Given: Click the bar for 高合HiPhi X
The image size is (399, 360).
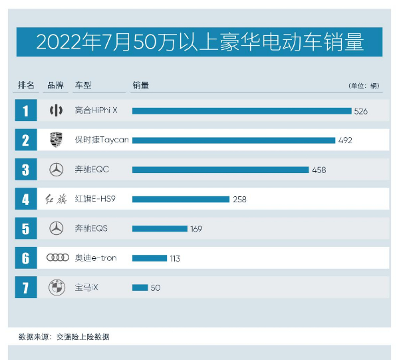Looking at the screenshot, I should [241, 110].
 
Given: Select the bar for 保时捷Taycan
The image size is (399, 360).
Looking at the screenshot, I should [233, 140].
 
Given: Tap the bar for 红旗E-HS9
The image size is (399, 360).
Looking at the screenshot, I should [180, 199].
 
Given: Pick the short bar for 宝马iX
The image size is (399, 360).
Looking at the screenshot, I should [140, 287].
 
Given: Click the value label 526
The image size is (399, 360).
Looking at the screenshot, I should [360, 111].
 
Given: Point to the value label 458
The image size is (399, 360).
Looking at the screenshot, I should [319, 170].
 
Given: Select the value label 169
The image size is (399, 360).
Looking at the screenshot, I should [196, 229].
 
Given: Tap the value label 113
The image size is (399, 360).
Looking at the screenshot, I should [174, 258].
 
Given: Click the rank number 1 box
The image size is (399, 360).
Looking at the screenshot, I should [25, 110].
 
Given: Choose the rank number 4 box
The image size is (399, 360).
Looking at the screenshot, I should [25, 199].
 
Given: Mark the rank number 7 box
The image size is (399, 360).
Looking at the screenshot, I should [25, 287].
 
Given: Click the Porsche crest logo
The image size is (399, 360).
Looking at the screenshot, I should [57, 140].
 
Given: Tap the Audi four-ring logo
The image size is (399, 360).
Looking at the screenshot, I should [57, 258].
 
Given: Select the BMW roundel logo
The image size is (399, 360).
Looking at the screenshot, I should [57, 287].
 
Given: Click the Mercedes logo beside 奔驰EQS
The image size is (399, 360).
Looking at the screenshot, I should [57, 228].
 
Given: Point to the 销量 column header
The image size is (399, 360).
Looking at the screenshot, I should [140, 85].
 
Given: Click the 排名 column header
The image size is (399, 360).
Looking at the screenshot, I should [25, 85].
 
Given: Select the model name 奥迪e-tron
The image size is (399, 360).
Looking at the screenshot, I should [95, 258].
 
